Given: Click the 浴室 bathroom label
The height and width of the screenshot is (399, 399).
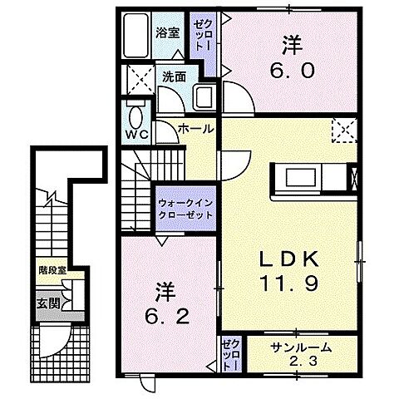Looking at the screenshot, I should coord(168,33).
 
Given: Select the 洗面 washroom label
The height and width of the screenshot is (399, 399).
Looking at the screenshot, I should coord(173,77).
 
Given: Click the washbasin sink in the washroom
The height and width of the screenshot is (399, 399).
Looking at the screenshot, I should coord(203,97).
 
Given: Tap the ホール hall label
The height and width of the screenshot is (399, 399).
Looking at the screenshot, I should coord(195,129).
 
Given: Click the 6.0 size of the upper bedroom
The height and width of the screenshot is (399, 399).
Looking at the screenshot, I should coord(290,71).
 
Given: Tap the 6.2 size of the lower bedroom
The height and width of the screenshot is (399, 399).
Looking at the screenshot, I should coord(166,317).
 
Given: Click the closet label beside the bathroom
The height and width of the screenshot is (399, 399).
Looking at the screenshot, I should coord(200,37).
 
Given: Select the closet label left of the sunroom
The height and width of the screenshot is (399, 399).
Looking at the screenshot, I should coord(230,353).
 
